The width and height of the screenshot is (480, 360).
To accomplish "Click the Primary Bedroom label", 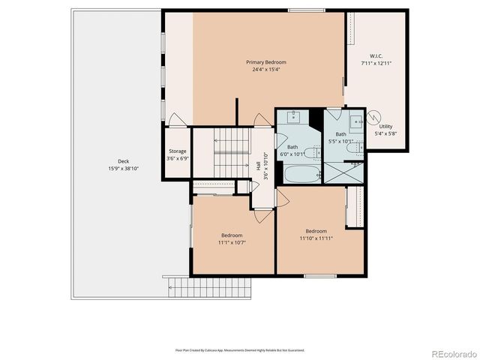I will coord(266,62).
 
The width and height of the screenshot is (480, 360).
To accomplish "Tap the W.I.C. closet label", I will coord(376,55).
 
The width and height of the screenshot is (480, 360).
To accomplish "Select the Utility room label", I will coord(385,127).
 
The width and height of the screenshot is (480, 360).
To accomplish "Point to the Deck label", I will coord(123,161).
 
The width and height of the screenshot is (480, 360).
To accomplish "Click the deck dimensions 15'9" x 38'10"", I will coord(123,169).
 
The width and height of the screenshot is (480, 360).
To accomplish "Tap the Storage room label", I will coord(177,151).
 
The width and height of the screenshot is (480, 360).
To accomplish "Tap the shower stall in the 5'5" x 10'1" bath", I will coord(344,172).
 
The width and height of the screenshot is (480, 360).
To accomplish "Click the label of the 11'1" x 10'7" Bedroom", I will coord(232,235).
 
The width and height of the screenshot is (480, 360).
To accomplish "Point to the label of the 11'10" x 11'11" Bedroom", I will coord(316,231).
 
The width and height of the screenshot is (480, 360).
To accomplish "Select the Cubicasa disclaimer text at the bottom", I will coord(240,349).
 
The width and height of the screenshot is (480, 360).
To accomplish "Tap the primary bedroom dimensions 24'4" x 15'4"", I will coord(266,70).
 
